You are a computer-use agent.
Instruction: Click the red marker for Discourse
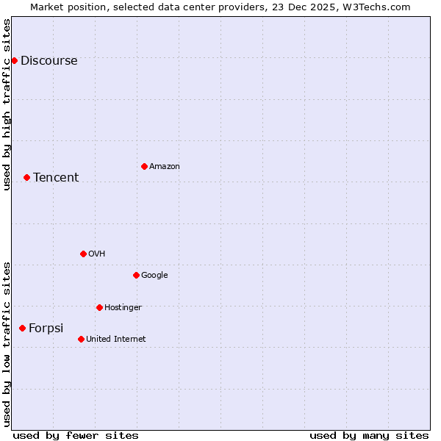pyautogui.click(x=14, y=60)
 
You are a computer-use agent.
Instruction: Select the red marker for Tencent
pyautogui.click(x=26, y=177)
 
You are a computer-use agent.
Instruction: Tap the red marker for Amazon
pyautogui.click(x=144, y=166)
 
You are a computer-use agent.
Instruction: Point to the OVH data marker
pyautogui.click(x=83, y=254)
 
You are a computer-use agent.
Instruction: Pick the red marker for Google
pyautogui.click(x=136, y=275)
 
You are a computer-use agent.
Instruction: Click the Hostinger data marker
pyautogui.click(x=99, y=307)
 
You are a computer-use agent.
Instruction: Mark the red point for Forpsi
pyautogui.click(x=22, y=328)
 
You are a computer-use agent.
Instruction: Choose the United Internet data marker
pyautogui.click(x=81, y=339)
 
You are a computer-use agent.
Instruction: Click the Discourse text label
pyautogui.click(x=49, y=61)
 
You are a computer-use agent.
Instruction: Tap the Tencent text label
pyautogui.click(x=56, y=178)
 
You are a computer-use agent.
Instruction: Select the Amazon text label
pyautogui.click(x=165, y=167)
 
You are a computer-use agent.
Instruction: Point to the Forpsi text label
pyautogui.click(x=46, y=329)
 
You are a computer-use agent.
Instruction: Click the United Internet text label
pyautogui.click(x=116, y=340)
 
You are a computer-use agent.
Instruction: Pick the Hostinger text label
pyautogui.click(x=123, y=308)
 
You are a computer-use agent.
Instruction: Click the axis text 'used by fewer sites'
pyautogui.click(x=76, y=435)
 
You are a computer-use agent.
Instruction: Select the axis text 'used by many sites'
pyautogui.click(x=369, y=435)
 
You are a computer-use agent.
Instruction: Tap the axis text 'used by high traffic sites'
pyautogui.click(x=7, y=105)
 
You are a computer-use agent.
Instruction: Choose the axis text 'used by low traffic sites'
pyautogui.click(x=7, y=343)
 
